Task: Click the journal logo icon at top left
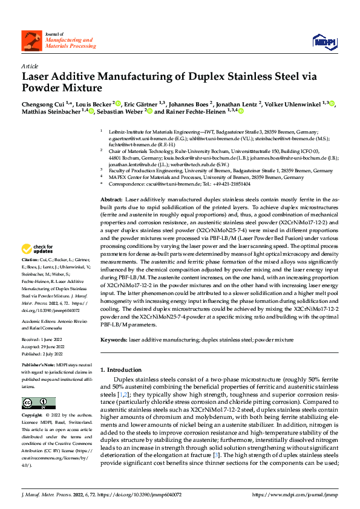[x=30, y=40]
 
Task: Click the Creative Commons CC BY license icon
[x=34, y=403]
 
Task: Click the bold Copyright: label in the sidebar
[x=33, y=416]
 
